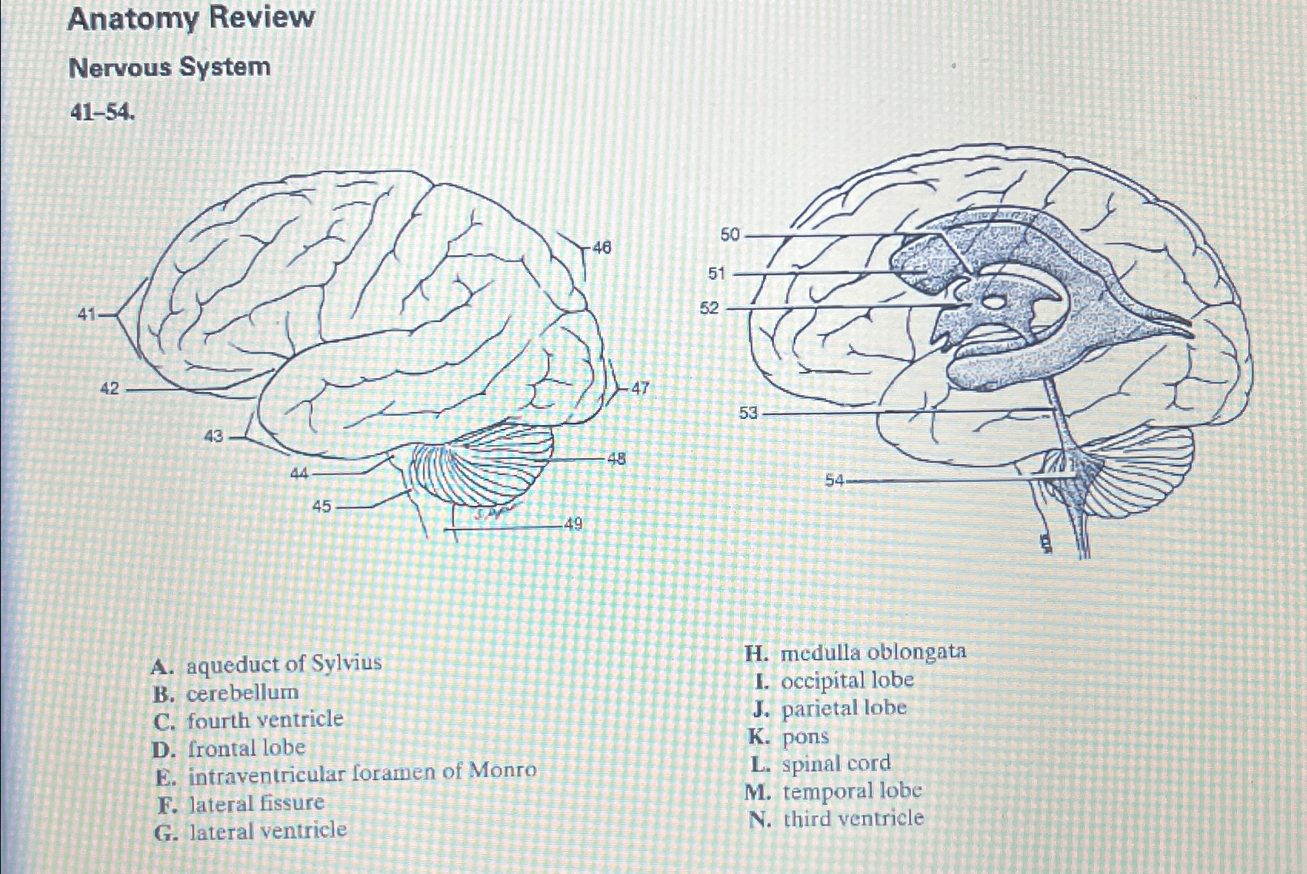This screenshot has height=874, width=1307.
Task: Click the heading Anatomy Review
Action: pos(191,18)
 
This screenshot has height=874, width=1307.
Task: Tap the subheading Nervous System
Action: pos(169,68)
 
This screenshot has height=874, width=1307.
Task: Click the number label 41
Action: pos(87,314)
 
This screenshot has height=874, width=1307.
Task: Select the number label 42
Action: pos(110,389)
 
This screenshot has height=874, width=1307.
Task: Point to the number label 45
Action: pos(322,507)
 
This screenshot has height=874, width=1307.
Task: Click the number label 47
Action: pos(640,388)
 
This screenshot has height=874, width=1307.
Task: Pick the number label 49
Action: pos(573,524)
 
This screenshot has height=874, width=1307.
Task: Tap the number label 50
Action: pos(729,234)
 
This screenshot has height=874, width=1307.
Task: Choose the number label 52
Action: pos(709,308)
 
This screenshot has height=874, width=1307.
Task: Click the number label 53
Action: pos(749,414)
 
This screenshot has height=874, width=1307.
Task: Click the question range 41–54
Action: pos(102,114)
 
